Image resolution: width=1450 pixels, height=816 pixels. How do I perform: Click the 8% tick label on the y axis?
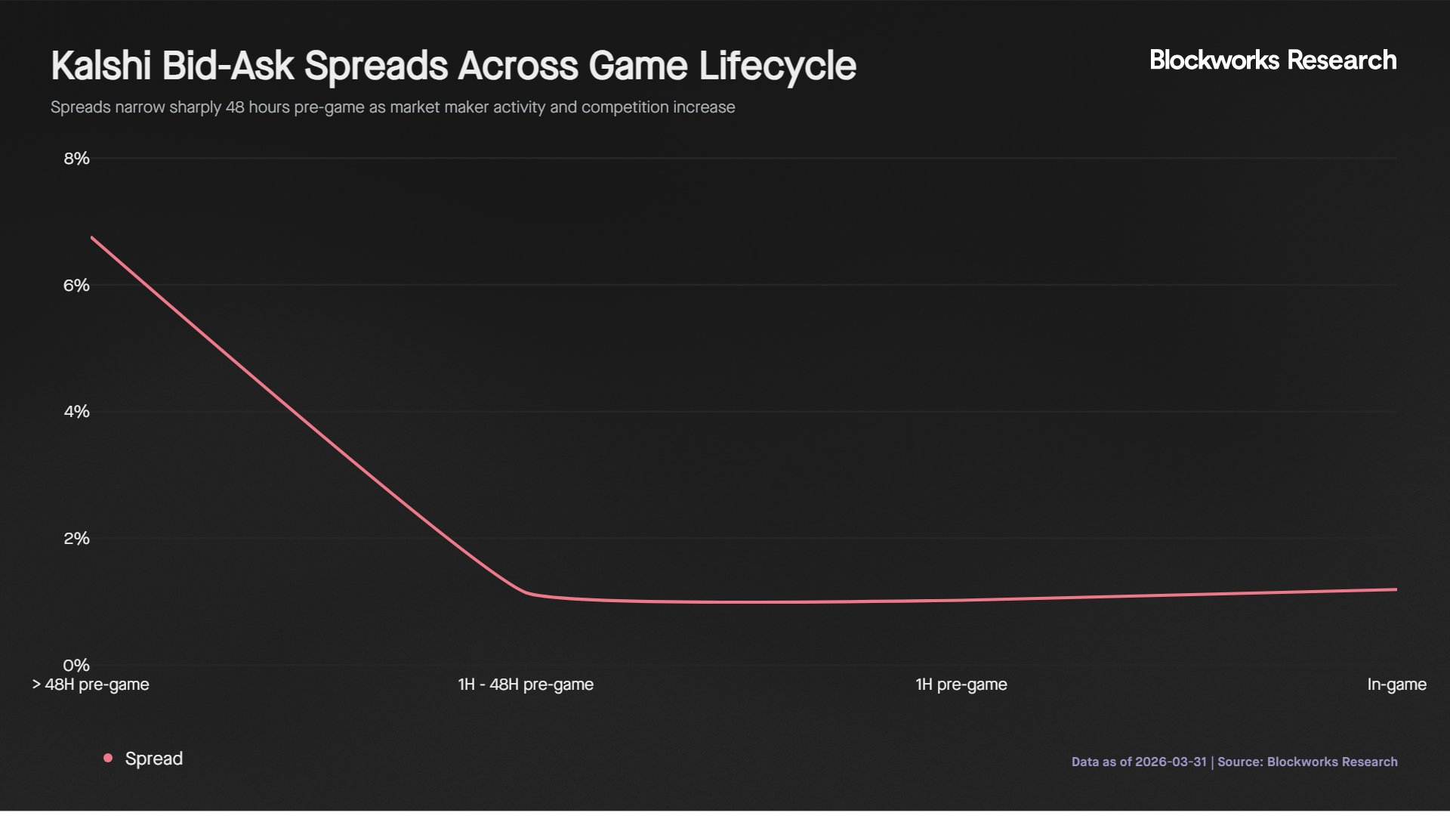pyautogui.click(x=76, y=159)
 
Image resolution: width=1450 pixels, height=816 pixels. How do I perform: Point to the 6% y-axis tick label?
pyautogui.click(x=76, y=286)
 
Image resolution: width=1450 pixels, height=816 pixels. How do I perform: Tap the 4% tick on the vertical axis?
pyautogui.click(x=76, y=412)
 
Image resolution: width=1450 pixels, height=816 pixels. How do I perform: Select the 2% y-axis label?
pyautogui.click(x=76, y=539)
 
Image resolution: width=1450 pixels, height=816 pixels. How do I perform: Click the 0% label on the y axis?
pyautogui.click(x=76, y=666)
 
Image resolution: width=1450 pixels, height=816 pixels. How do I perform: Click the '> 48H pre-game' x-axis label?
pyautogui.click(x=91, y=685)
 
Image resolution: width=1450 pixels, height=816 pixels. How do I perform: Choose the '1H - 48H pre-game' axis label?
pyautogui.click(x=526, y=685)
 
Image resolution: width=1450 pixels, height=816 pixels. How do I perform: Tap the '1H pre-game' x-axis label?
pyautogui.click(x=961, y=685)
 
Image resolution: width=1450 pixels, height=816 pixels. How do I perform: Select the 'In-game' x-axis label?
pyautogui.click(x=1396, y=685)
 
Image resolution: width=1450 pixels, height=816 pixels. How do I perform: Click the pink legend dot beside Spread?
pyautogui.click(x=108, y=758)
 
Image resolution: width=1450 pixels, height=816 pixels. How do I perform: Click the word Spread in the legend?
pyautogui.click(x=154, y=759)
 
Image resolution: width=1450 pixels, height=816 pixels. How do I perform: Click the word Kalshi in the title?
pyautogui.click(x=100, y=66)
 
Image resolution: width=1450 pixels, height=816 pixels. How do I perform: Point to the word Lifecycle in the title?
pyautogui.click(x=777, y=66)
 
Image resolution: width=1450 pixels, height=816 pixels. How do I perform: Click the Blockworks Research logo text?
pyautogui.click(x=1273, y=60)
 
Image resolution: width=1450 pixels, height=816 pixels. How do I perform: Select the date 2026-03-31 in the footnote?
pyautogui.click(x=1171, y=762)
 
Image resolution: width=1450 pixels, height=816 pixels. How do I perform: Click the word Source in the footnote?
pyautogui.click(x=1239, y=762)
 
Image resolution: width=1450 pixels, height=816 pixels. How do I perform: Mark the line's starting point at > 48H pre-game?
pyautogui.click(x=91, y=237)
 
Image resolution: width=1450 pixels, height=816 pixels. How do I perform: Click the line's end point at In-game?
pyautogui.click(x=1396, y=589)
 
